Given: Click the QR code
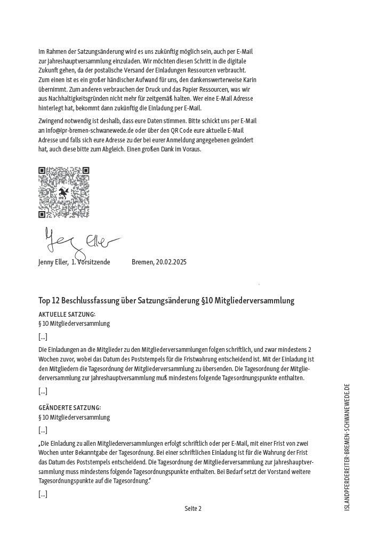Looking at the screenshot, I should [63, 192].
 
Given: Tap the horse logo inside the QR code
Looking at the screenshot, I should [63, 193].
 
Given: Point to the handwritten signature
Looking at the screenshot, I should [80, 242].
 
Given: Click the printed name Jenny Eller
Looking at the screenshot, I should [53, 262].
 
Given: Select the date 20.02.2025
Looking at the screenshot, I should [170, 262].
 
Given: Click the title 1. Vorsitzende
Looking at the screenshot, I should [91, 262].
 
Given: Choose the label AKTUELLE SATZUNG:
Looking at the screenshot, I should [67, 315].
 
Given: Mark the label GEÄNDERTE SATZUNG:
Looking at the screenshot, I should [69, 408].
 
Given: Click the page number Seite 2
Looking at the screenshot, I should [193, 509].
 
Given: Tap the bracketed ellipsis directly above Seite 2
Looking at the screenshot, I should [43, 494].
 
